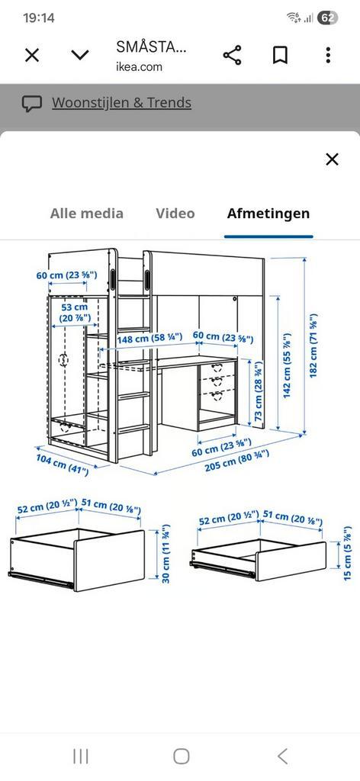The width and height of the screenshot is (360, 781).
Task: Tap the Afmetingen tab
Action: coord(268,214)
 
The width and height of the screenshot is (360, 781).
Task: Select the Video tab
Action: coord(175,214)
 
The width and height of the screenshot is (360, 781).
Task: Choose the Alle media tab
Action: coord(86,214)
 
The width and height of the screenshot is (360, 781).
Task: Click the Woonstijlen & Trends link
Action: coord(121,103)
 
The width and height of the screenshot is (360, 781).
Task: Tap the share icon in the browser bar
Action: coord(232,55)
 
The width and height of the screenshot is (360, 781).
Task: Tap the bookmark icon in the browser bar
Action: coord(280,55)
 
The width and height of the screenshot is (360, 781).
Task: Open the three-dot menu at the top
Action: coord(328,55)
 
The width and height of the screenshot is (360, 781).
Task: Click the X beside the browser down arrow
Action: coord(32,55)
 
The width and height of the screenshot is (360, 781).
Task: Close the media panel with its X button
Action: coord(332,159)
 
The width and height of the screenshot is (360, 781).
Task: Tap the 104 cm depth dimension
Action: coord(63,464)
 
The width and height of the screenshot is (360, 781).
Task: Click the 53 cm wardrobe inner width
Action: coord(75,312)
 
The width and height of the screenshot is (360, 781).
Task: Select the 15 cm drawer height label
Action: coord(347,554)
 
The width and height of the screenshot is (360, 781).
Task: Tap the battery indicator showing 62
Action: coord(327,18)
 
